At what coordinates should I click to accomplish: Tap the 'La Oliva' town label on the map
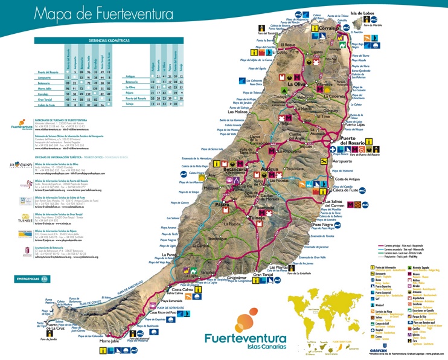tap(299, 85)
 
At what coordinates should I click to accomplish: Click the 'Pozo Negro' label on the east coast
tap(322, 225)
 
